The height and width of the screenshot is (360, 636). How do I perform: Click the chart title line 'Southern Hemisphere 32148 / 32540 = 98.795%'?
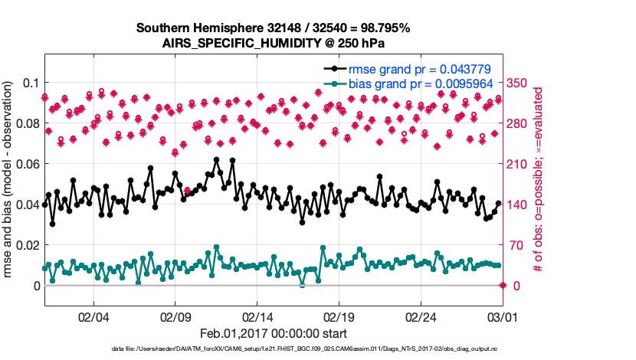click(273, 28)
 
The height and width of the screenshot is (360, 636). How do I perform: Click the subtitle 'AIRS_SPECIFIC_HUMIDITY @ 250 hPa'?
click(273, 43)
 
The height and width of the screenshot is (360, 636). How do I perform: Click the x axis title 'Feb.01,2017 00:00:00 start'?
click(273, 333)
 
